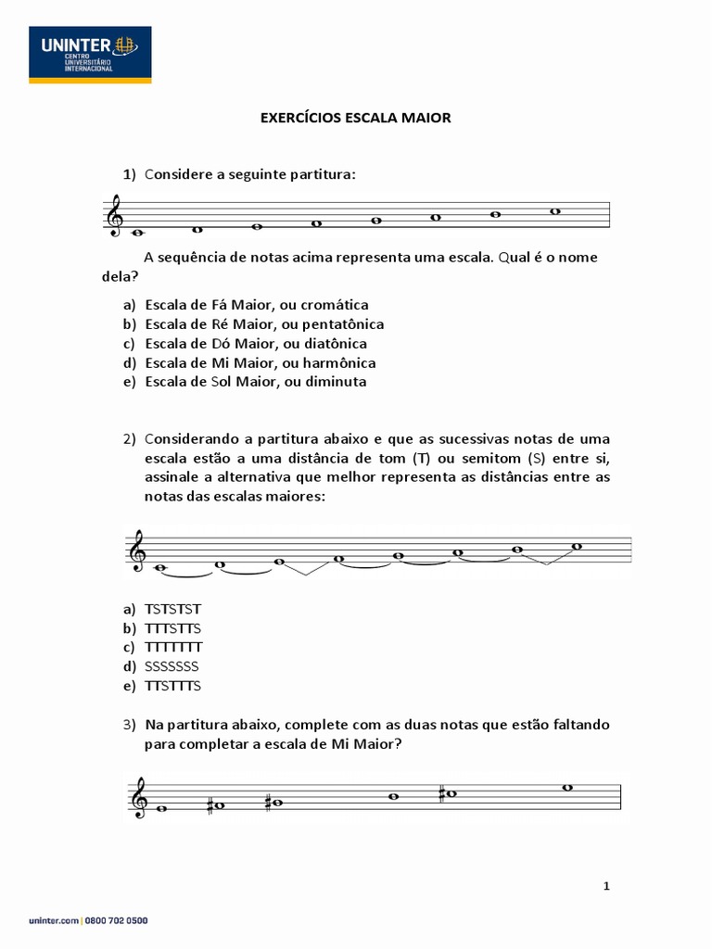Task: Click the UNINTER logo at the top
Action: pyautogui.click(x=90, y=55)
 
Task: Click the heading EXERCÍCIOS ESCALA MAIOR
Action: pyautogui.click(x=355, y=118)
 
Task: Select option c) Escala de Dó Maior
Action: pyautogui.click(x=256, y=343)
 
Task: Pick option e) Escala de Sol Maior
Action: pyautogui.click(x=256, y=381)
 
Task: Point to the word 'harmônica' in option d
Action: pyautogui.click(x=337, y=362)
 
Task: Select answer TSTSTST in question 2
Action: pyautogui.click(x=173, y=609)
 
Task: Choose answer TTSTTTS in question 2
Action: pyautogui.click(x=173, y=686)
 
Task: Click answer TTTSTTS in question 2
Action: pyautogui.click(x=173, y=628)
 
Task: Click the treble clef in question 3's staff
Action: pyautogui.click(x=142, y=798)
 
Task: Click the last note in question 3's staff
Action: pyautogui.click(x=568, y=788)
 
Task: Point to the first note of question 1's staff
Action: pyautogui.click(x=138, y=233)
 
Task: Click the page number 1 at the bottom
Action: pyautogui.click(x=606, y=886)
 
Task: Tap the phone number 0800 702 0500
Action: pyautogui.click(x=118, y=920)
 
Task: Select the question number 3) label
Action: pyautogui.click(x=130, y=724)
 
